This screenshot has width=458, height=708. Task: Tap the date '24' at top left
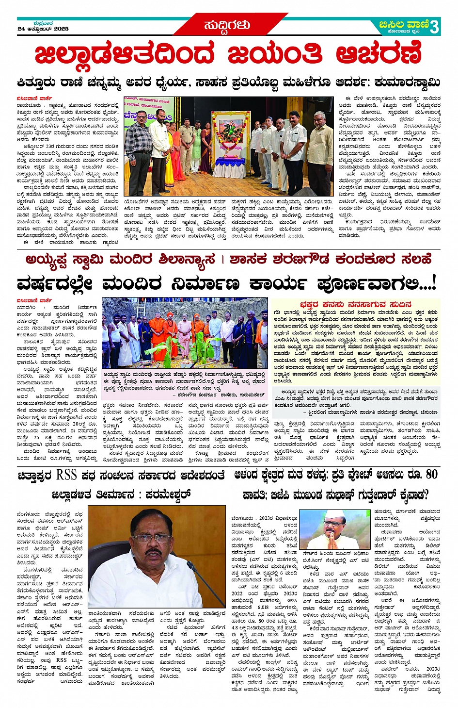[x=21, y=29]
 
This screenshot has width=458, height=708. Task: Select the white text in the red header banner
[x=227, y=25]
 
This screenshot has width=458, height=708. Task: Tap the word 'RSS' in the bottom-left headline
[x=67, y=475]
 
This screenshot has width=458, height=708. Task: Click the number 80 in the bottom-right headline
[x=431, y=475]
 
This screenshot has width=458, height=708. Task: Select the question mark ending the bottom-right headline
[x=426, y=495]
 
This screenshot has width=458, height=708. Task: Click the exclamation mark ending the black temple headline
[x=434, y=282]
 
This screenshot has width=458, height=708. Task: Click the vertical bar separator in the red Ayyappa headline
[x=222, y=260]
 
